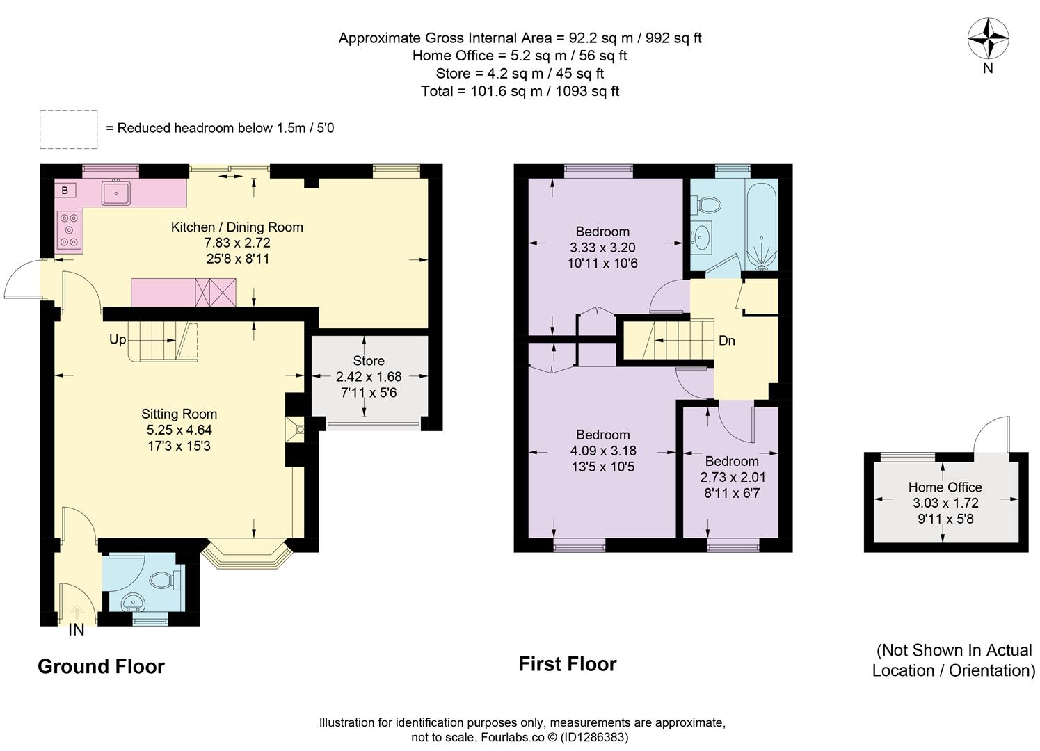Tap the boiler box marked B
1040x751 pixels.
pos(65,191)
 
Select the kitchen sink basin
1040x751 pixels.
pos(116,193)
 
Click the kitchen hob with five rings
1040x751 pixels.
pos(69,229)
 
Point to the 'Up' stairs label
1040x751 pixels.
pos(118,340)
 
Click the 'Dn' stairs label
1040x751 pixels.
pos(726,341)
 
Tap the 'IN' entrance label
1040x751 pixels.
pos(76,630)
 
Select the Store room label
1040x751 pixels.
pos(369,361)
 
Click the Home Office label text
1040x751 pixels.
pos(945,487)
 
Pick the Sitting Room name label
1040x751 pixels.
pos(179,414)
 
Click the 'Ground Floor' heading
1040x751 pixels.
pos(101,667)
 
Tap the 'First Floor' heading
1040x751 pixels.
pos(568,664)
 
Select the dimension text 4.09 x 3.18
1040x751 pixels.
pos(603,451)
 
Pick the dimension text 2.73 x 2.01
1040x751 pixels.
pos(733,477)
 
